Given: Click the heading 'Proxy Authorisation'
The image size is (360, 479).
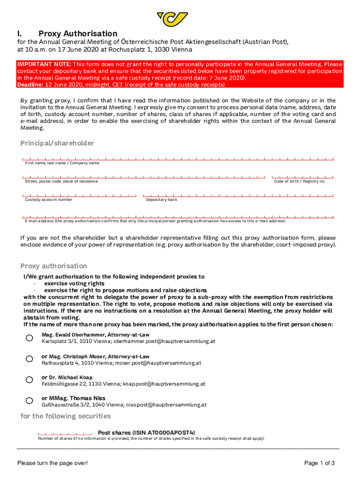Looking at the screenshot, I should coord(78,34).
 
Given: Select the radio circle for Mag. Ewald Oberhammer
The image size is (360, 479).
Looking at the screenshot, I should coord(29,338).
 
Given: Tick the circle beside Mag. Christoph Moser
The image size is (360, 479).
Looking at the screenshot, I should coord(29,359).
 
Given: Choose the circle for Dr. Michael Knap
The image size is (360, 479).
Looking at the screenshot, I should coord(29,380).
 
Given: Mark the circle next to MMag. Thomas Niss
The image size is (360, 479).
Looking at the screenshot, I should coord(29,401).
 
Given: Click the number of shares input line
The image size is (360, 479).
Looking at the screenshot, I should coord(64,433).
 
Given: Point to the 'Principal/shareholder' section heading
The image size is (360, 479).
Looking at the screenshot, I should coord(57,143).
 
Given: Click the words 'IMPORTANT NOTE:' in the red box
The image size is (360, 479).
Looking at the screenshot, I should coord(44,64).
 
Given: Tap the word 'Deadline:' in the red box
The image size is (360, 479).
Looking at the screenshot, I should coord(30,85).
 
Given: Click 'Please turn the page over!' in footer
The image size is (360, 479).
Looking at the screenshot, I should coord(52,463).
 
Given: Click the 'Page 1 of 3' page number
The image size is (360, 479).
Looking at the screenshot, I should coord(319,463).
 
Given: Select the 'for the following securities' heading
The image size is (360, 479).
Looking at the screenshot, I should coord(65,416).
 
